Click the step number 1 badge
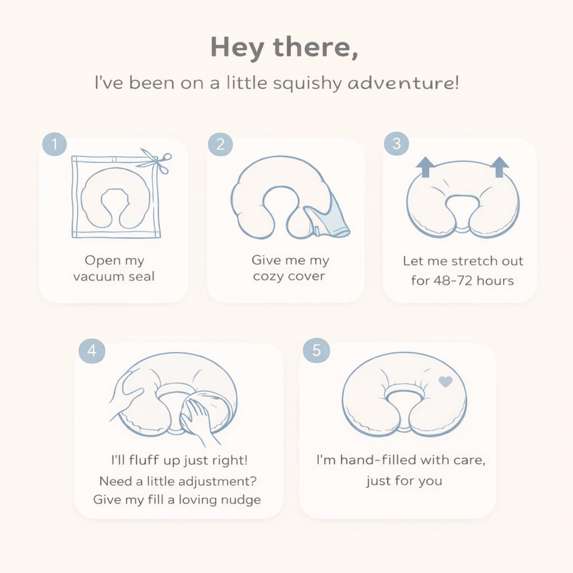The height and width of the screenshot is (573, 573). click(x=54, y=144)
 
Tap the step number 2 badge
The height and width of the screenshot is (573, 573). click(x=220, y=144)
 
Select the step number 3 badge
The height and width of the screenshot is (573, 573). click(x=397, y=144)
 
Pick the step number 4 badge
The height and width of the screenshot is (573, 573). click(x=92, y=351)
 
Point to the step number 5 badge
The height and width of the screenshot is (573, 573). click(x=316, y=350)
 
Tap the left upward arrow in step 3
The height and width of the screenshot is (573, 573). click(x=425, y=167)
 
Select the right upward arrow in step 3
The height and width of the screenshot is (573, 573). click(x=499, y=167)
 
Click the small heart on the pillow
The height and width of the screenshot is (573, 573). click(x=445, y=381)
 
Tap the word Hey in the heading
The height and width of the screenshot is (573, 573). click(x=237, y=47)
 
